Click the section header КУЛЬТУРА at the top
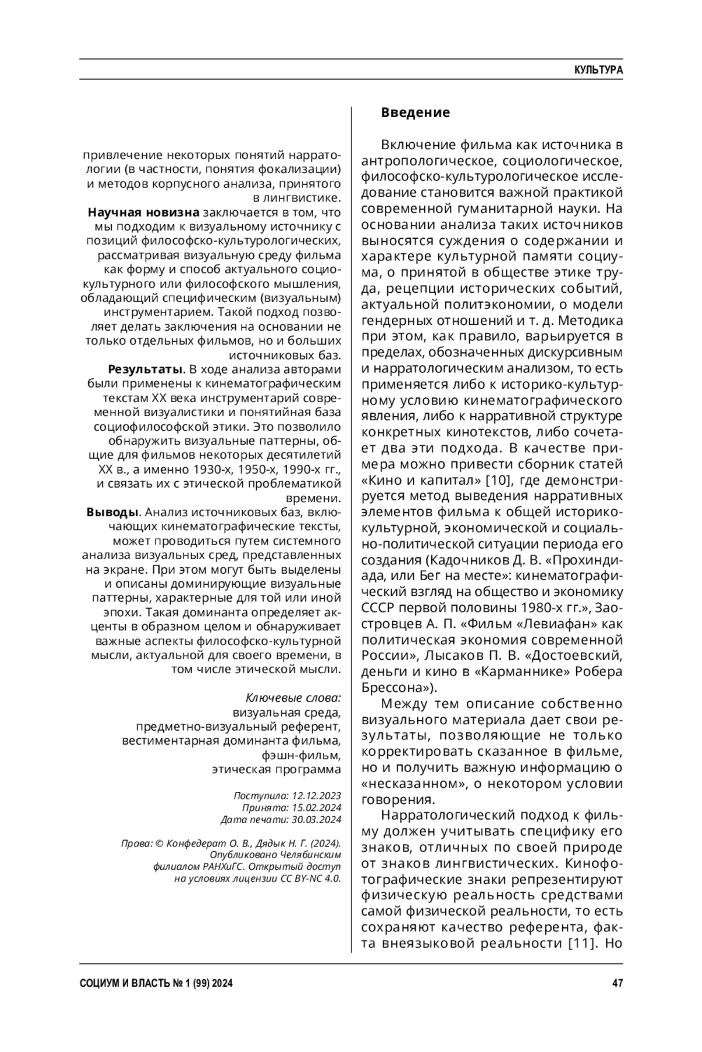click(x=598, y=70)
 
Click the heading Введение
click(x=415, y=112)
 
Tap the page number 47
click(x=617, y=983)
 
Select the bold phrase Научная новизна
click(x=143, y=212)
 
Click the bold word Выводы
click(x=112, y=512)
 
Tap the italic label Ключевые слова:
click(x=293, y=698)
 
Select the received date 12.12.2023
click(x=316, y=796)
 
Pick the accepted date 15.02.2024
click(x=316, y=808)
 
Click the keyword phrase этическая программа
click(x=276, y=769)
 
